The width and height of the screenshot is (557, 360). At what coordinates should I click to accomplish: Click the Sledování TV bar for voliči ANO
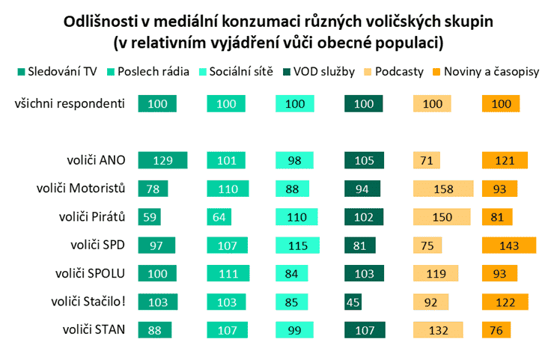coord(162,160)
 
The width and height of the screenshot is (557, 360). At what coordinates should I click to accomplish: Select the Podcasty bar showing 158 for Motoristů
coord(443,189)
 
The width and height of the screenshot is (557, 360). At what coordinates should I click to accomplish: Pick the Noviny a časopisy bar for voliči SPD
coord(508,245)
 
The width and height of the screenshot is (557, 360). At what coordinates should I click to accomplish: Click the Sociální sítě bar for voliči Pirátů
coord(296,217)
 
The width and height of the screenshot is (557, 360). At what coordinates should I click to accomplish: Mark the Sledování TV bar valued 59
coord(150,217)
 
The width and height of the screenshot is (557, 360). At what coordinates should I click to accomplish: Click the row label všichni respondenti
coord(70,103)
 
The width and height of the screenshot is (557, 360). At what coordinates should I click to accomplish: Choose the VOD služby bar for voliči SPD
coord(360,245)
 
